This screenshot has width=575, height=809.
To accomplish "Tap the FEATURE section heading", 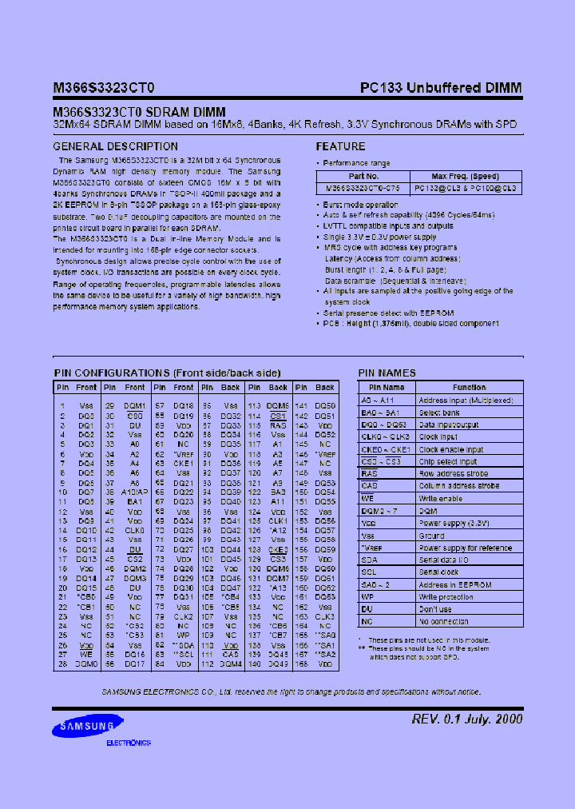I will [x=340, y=147].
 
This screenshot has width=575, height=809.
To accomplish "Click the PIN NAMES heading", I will [x=387, y=373].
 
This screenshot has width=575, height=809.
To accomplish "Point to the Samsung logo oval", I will [x=84, y=727].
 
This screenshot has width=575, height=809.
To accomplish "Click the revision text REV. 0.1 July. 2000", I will [x=467, y=719].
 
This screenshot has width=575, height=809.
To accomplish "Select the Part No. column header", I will [x=363, y=176].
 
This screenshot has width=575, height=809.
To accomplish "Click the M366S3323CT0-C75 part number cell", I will [x=363, y=188].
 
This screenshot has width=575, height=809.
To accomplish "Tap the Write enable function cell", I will [x=442, y=498].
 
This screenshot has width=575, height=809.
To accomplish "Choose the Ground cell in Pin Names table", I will [x=432, y=536].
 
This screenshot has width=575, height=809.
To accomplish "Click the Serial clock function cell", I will [x=439, y=572].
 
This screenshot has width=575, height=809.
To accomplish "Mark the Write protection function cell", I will [x=446, y=597].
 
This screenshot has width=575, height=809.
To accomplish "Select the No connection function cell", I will [x=444, y=621].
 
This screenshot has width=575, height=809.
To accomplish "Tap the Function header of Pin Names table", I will [x=470, y=387].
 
